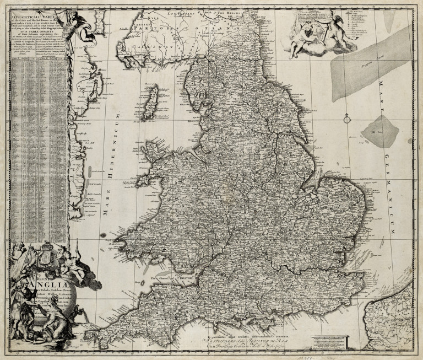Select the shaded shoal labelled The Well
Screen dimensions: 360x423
point(380,130)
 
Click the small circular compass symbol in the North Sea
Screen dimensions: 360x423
point(346,117)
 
